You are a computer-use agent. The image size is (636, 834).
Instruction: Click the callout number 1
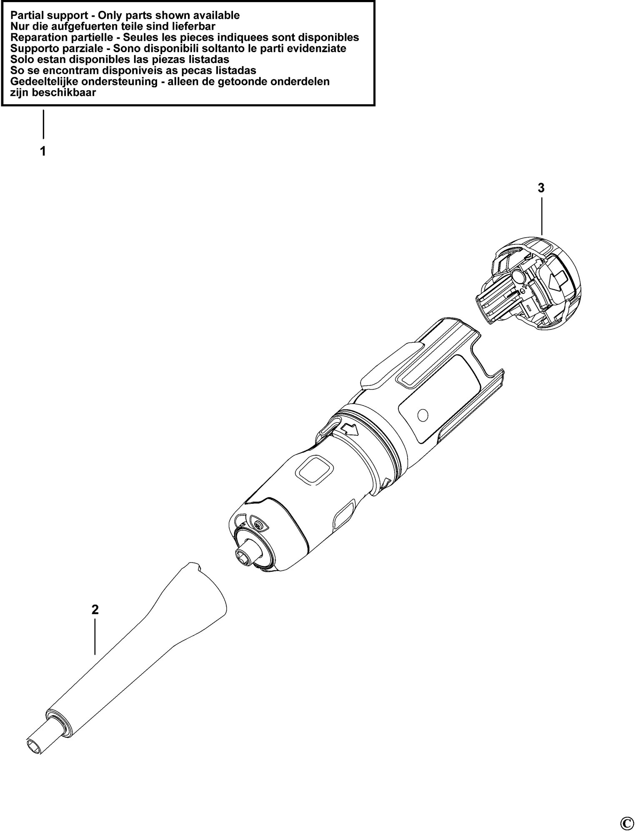click(43, 151)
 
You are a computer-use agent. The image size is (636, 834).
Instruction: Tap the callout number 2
click(95, 610)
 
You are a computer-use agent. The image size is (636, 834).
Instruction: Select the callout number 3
click(541, 188)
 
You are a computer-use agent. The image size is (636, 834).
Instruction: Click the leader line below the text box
click(43, 124)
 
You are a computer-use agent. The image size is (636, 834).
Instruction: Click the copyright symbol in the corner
click(626, 823)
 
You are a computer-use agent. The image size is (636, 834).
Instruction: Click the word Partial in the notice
click(26, 16)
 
